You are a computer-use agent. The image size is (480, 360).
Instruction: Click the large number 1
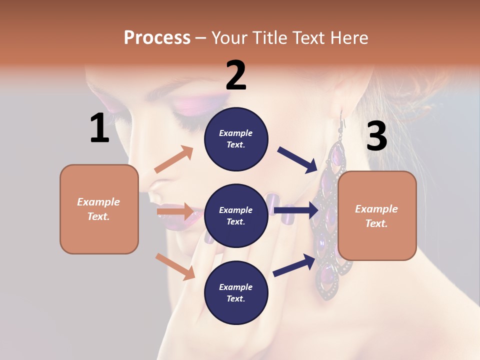point(99,128)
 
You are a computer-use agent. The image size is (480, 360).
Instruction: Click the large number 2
point(236,75)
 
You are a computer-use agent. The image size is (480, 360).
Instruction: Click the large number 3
point(376,136)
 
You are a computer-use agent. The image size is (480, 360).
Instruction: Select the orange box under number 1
point(99,209)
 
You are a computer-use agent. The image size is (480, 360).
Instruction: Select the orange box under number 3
point(377,215)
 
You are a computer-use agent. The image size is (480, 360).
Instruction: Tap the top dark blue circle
point(236,139)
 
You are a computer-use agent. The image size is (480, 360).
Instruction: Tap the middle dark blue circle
point(236,215)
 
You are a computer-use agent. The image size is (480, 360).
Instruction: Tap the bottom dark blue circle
point(236,292)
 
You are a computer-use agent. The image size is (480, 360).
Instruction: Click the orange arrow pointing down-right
point(175,266)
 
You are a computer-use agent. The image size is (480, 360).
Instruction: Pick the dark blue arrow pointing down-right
point(298,159)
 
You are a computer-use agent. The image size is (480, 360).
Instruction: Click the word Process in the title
point(157,37)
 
